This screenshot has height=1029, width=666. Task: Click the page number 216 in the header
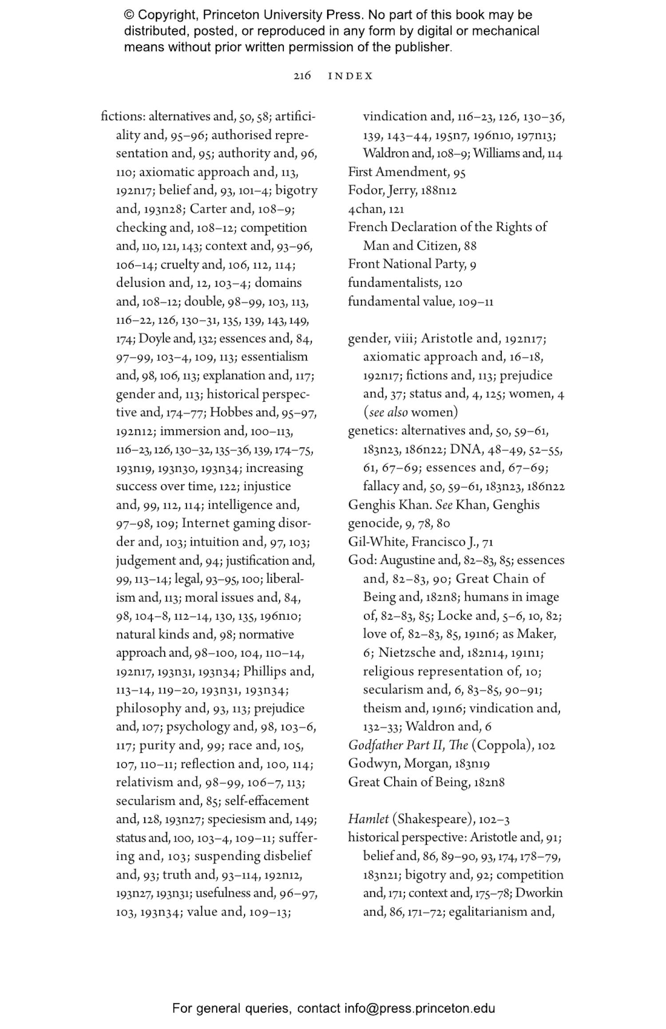tap(302, 76)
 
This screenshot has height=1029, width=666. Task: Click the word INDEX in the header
tap(350, 76)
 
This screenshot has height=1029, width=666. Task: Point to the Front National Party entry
tap(406, 265)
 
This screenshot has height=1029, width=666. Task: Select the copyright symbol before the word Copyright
tap(129, 15)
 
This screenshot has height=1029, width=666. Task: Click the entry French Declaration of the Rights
tap(447, 227)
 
